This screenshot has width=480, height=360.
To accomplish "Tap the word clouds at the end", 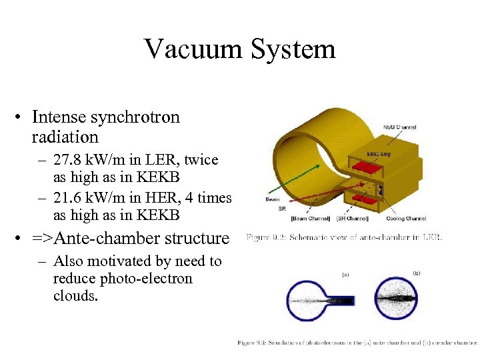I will [75, 295].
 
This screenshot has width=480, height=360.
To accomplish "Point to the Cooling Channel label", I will [406, 218].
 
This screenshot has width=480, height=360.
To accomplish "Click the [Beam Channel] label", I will [311, 218].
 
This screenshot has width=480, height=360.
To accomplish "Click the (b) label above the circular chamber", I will [417, 272].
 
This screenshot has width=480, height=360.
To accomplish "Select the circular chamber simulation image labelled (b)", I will [397, 298].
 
